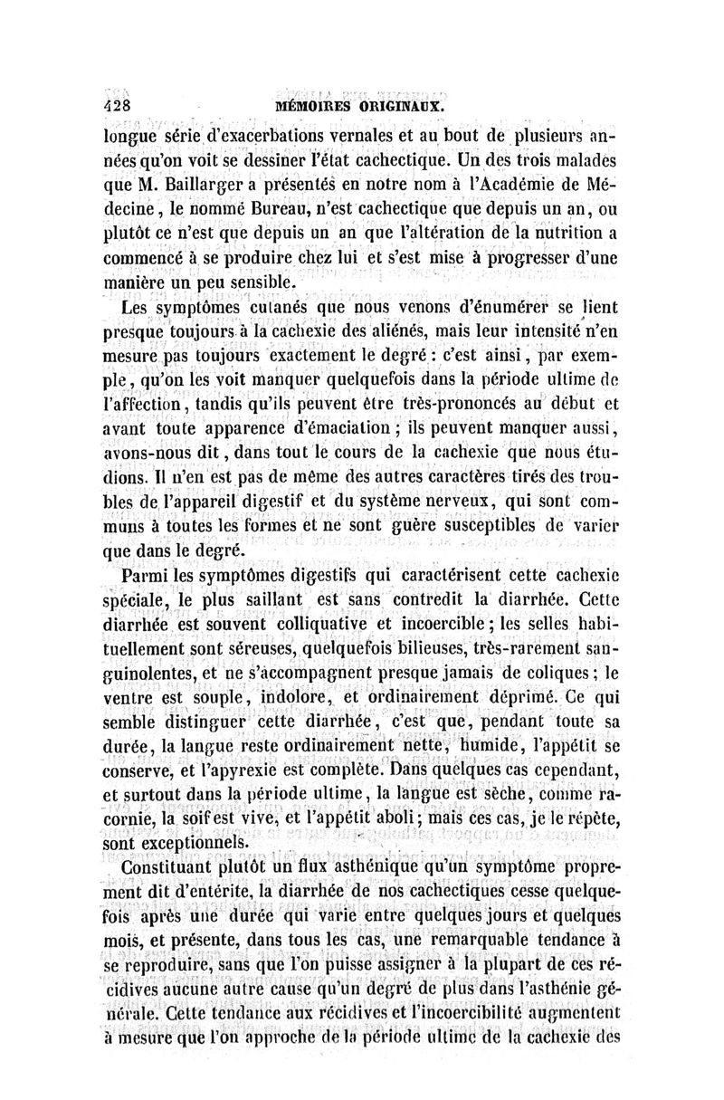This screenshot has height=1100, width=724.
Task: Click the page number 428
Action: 118,104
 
